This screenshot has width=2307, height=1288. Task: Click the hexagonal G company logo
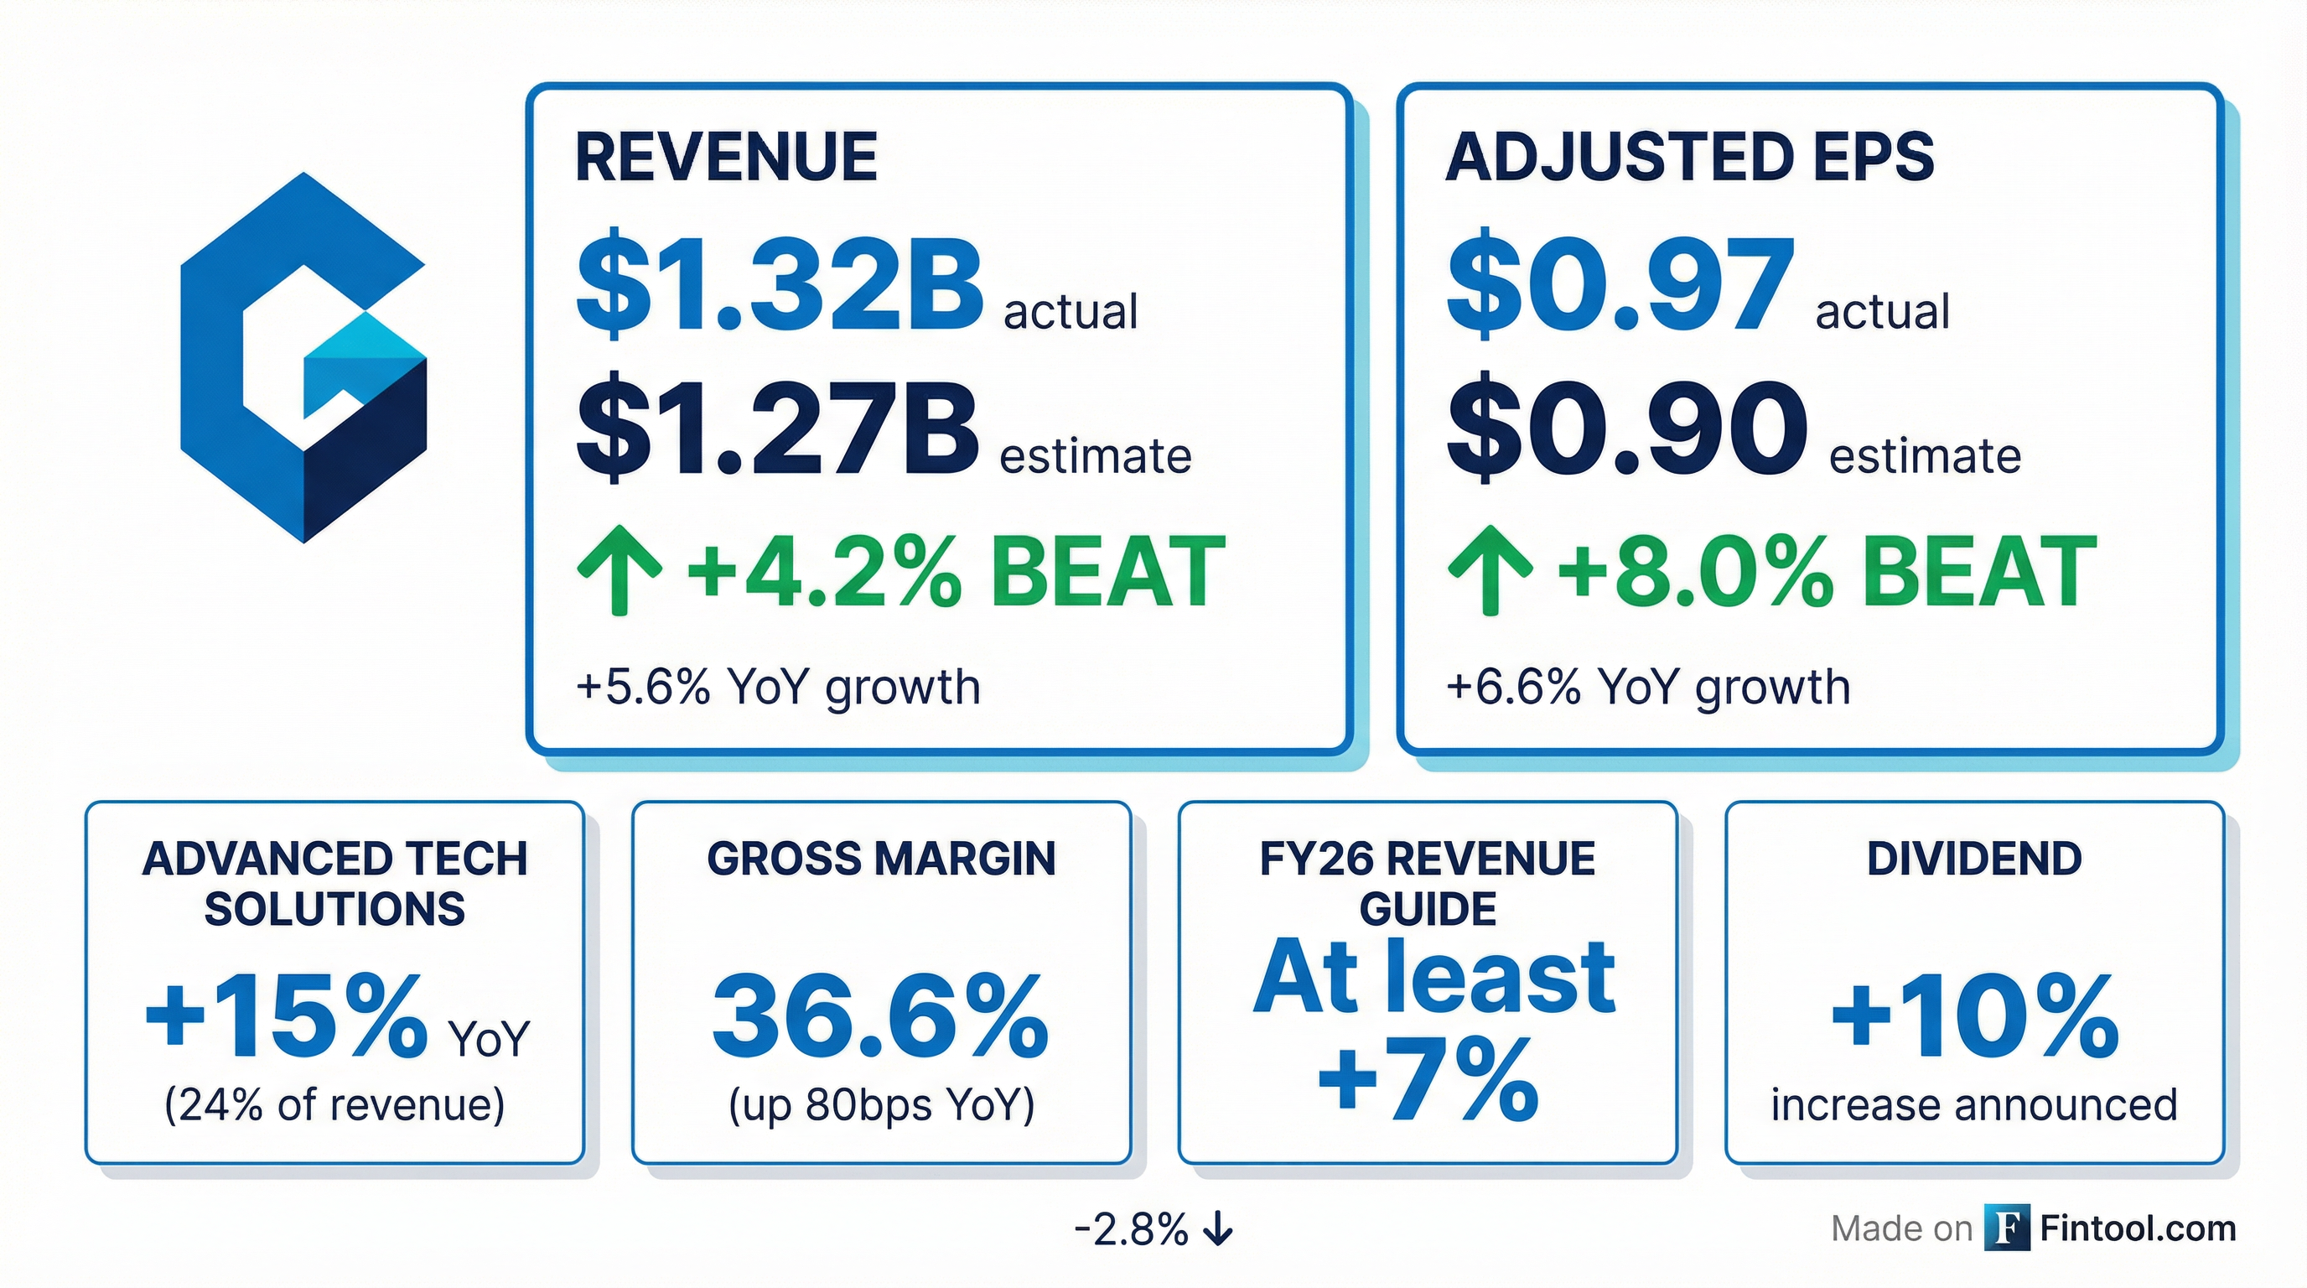pyautogui.click(x=303, y=358)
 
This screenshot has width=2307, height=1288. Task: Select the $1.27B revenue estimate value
pyautogui.click(x=777, y=428)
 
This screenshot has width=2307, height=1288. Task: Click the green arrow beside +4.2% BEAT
pyautogui.click(x=619, y=570)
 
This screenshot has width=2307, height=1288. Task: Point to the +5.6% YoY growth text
pyautogui.click(x=778, y=687)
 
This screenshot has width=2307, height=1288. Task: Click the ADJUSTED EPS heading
pyautogui.click(x=1690, y=158)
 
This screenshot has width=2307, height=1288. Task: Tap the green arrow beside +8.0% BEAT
pyautogui.click(x=1490, y=570)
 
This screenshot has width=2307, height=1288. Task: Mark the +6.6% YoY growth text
pyautogui.click(x=1648, y=687)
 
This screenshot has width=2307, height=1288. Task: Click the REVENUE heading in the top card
pyautogui.click(x=726, y=158)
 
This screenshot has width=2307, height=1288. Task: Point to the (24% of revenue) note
pyautogui.click(x=335, y=1104)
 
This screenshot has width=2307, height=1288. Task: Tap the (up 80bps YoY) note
pyautogui.click(x=881, y=1104)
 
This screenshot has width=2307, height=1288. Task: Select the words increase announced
pyautogui.click(x=1974, y=1104)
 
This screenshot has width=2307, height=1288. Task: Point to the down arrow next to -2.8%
pyautogui.click(x=1218, y=1230)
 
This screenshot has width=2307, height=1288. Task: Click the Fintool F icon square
pyautogui.click(x=2007, y=1227)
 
